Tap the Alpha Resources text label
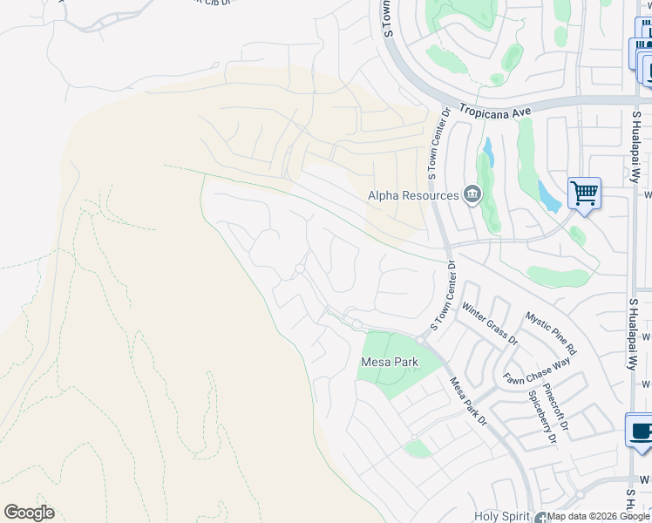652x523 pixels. pyautogui.click(x=413, y=195)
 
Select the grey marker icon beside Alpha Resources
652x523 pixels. pyautogui.click(x=472, y=194)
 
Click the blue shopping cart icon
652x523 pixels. pyautogui.click(x=584, y=193)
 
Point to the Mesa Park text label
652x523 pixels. pyautogui.click(x=390, y=362)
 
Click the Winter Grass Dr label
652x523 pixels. pyautogui.click(x=490, y=323)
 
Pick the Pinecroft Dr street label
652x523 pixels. pyautogui.click(x=555, y=404)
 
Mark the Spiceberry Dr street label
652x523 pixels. pyautogui.click(x=541, y=417)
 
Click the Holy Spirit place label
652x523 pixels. pyautogui.click(x=503, y=517)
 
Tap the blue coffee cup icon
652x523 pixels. pyautogui.click(x=641, y=431)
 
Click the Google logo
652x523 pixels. pyautogui.click(x=29, y=512)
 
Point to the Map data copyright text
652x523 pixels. pyautogui.click(x=599, y=517)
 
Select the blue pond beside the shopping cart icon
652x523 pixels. pyautogui.click(x=549, y=197)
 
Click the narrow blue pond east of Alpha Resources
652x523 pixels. pyautogui.click(x=487, y=153)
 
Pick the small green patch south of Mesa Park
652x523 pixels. pyautogui.click(x=418, y=448)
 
